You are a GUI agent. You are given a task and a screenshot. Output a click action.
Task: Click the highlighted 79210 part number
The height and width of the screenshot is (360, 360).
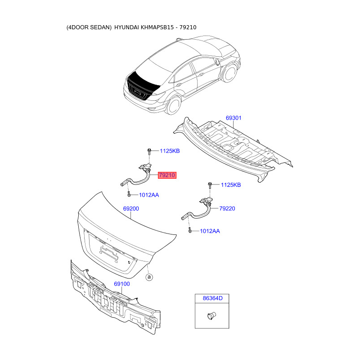coord(167,175)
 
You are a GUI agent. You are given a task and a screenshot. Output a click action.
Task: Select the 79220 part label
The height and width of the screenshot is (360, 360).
coord(227,209)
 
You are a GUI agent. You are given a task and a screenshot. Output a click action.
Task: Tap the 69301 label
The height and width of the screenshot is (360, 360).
coord(234,118)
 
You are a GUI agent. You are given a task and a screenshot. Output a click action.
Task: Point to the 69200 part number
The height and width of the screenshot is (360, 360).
coord(131,209)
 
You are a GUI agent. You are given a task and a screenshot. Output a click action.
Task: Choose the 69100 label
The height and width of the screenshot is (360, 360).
coord(121,284)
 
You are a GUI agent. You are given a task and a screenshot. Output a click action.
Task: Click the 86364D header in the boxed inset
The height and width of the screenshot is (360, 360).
coord(212,298)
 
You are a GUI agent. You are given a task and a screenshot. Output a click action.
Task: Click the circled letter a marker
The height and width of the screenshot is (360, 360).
coord(149,277)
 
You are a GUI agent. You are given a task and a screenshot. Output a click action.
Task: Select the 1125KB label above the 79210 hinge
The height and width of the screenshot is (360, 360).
coord(169,151)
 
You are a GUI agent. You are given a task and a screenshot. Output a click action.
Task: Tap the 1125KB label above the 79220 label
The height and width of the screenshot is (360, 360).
coord(230,185)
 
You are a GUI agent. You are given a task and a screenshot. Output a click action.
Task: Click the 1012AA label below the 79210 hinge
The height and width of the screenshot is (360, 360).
coord(148,195)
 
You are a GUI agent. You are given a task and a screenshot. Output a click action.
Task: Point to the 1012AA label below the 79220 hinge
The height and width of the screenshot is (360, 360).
coord(210,231)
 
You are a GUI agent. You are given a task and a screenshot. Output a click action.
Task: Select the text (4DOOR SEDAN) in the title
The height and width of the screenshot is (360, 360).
coord(89,27)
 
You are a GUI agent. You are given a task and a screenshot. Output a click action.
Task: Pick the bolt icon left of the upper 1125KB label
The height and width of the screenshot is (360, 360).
coord(149,152)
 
